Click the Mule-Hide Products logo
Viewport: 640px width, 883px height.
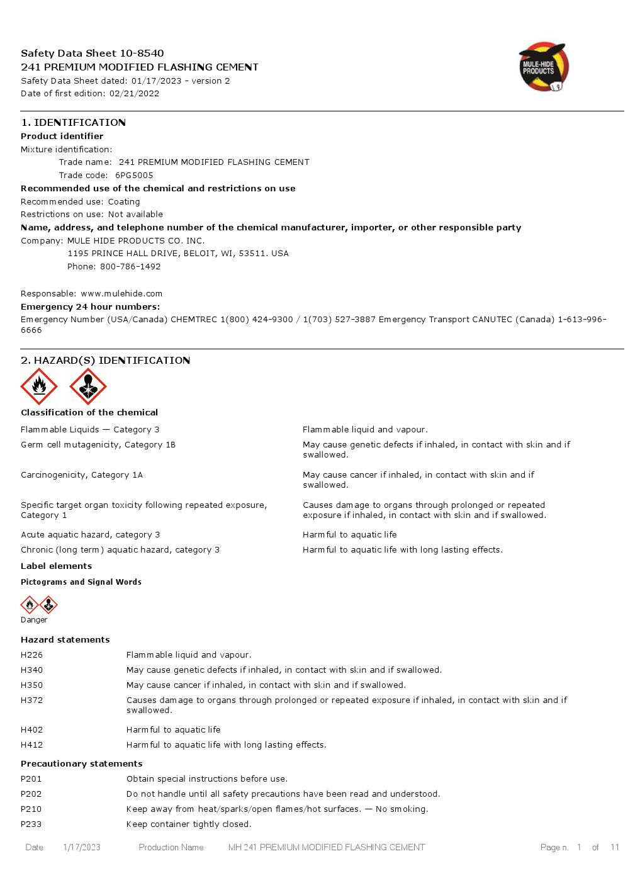click(x=543, y=67)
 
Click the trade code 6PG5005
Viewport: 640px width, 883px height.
click(x=134, y=176)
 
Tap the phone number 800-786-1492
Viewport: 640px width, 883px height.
click(x=130, y=267)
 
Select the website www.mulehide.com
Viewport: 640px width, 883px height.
click(x=121, y=294)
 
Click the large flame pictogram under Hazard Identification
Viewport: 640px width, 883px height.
click(x=39, y=386)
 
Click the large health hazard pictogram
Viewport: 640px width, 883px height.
click(x=87, y=386)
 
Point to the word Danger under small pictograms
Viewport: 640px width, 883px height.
click(x=34, y=620)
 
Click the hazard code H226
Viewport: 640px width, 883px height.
click(x=32, y=655)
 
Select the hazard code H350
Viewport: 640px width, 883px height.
click(x=32, y=685)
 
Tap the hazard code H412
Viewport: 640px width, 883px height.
click(x=32, y=745)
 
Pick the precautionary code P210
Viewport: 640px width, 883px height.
click(x=31, y=809)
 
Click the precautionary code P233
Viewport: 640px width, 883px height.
click(x=31, y=824)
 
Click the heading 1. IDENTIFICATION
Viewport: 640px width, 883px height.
click(x=73, y=123)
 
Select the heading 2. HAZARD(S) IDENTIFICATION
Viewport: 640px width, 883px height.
click(x=105, y=361)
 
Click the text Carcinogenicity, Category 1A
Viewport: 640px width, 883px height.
click(x=82, y=475)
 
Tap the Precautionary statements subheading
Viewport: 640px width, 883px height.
click(x=82, y=764)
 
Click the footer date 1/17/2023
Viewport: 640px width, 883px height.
click(x=82, y=848)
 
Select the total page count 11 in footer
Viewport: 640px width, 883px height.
click(x=615, y=848)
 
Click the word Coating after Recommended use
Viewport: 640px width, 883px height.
click(x=124, y=202)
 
